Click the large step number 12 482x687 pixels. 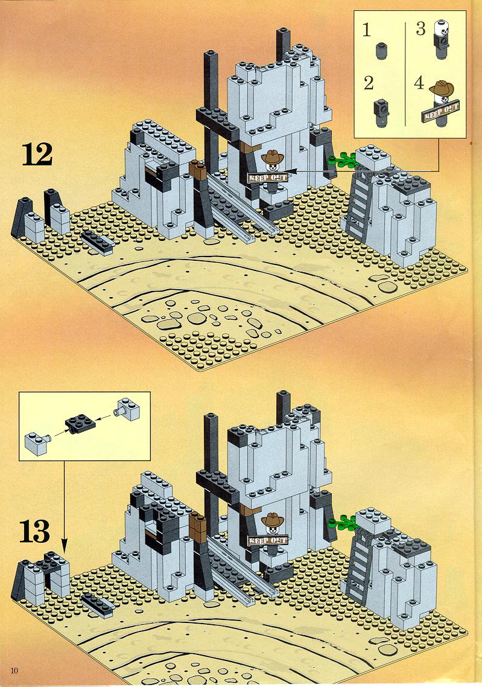click(37, 155)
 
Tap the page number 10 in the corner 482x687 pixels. click(14, 671)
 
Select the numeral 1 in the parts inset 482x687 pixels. click(367, 30)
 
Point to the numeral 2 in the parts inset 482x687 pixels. click(369, 83)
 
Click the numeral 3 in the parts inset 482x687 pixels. click(420, 28)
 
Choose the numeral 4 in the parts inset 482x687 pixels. click(419, 83)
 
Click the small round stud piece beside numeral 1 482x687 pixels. click(382, 51)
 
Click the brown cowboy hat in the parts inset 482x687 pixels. click(442, 89)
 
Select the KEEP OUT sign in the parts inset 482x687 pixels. click(440, 111)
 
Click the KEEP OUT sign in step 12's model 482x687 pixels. click(267, 177)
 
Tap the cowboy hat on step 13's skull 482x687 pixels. click(273, 520)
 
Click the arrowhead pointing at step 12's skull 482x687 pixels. click(291, 171)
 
